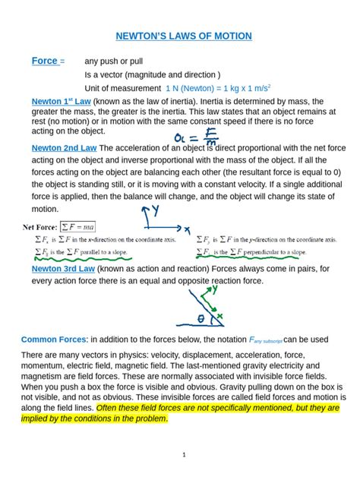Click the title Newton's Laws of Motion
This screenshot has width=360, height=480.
183,36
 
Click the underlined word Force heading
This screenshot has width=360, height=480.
44,61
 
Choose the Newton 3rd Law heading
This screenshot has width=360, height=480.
63,269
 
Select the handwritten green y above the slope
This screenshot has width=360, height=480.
215,289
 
